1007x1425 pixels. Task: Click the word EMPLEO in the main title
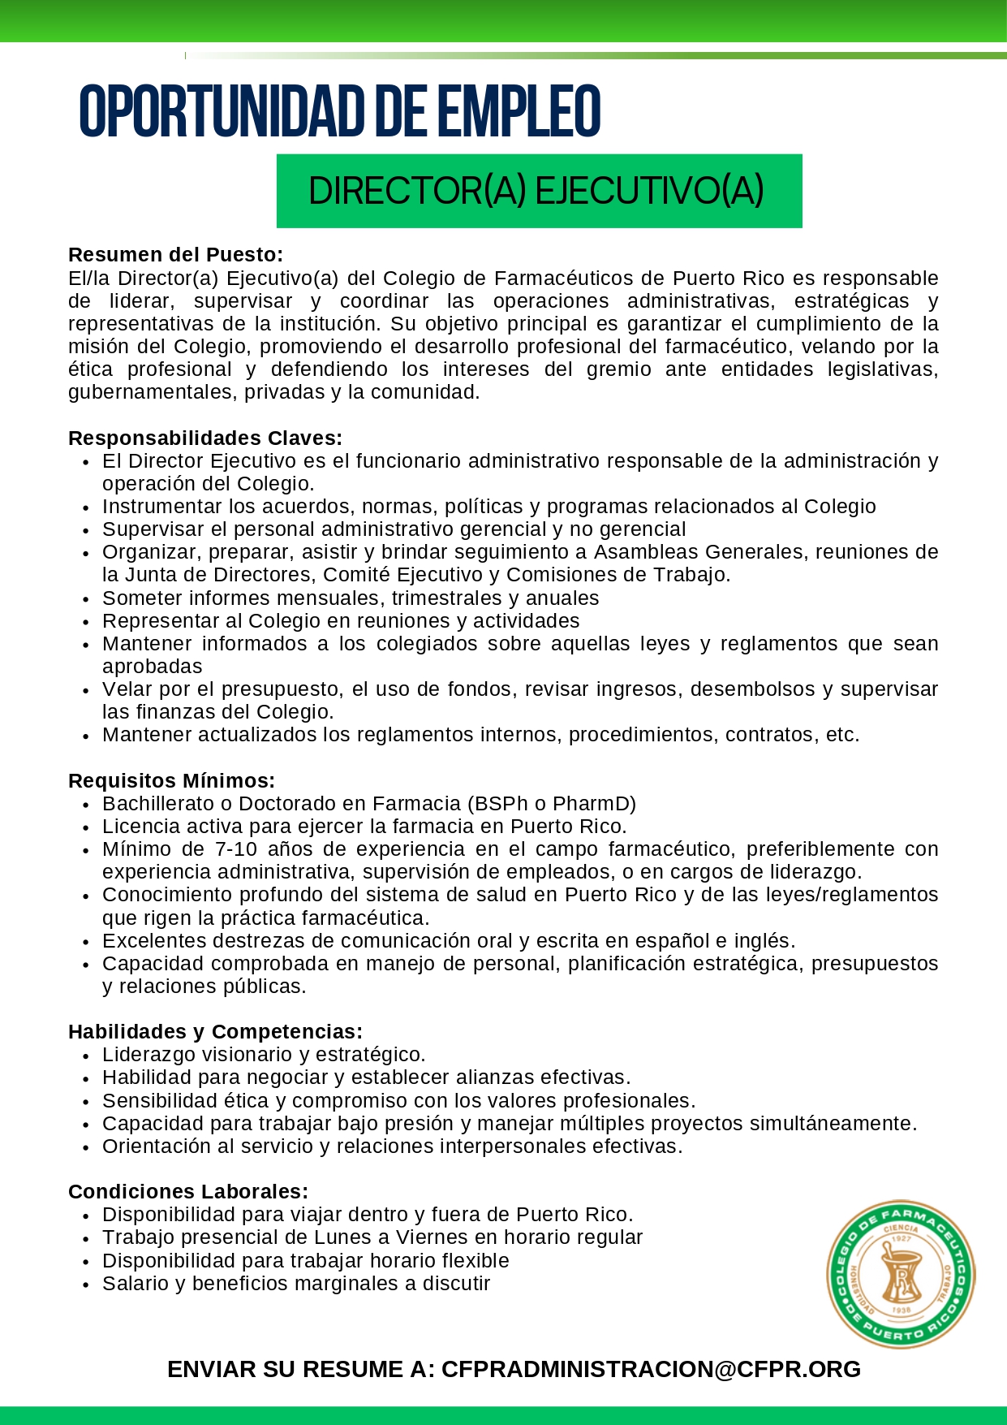(x=519, y=112)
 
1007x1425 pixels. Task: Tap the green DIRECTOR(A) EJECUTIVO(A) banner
(x=539, y=191)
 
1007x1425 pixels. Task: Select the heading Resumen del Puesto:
(x=175, y=255)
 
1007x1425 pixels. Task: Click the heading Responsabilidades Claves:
(x=205, y=438)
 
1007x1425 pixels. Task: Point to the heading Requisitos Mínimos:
(x=171, y=781)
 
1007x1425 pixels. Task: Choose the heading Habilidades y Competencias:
(x=215, y=1032)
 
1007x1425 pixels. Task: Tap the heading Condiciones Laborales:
(x=188, y=1192)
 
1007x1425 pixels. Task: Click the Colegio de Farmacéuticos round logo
(x=901, y=1274)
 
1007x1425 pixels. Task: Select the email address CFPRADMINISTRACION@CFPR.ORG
(x=651, y=1369)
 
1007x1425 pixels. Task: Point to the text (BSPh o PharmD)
(x=552, y=804)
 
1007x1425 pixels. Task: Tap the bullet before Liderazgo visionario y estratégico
(x=86, y=1056)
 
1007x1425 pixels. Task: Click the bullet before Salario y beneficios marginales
(x=86, y=1285)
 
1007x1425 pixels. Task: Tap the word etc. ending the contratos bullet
(x=842, y=735)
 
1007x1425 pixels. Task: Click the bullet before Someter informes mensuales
(x=86, y=600)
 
